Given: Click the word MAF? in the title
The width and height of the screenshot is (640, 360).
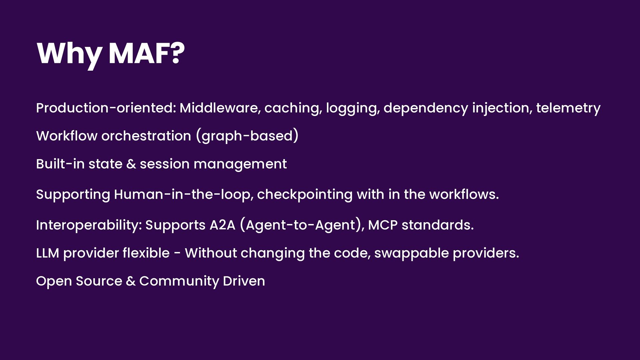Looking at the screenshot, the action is click(147, 53).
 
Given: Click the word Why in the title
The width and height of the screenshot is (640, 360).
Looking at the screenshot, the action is click(69, 55).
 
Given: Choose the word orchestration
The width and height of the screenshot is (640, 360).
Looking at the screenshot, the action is click(146, 136).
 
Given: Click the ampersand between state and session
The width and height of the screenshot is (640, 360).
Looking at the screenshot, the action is click(131, 164).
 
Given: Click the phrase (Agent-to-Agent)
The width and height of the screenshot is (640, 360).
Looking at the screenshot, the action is click(302, 225).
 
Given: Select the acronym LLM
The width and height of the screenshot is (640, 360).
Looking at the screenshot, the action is click(48, 253).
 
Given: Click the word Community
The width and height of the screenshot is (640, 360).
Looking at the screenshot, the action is click(179, 281).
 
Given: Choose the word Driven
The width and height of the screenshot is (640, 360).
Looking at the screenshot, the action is click(244, 281).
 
